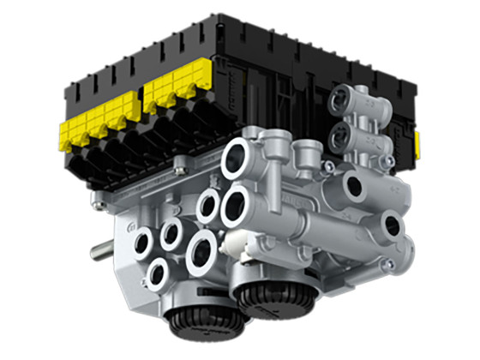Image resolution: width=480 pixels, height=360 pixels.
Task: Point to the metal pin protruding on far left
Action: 101,252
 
